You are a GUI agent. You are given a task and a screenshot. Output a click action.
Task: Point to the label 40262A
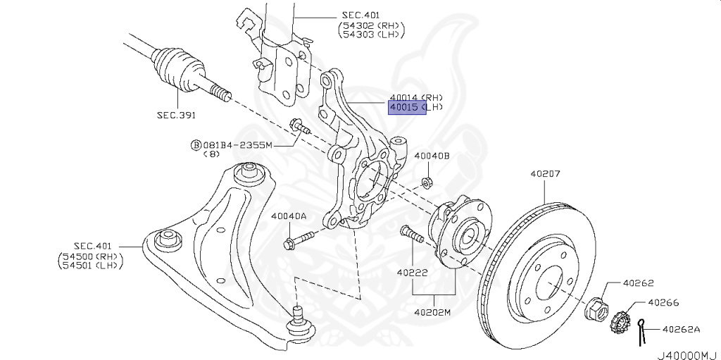point(681,328)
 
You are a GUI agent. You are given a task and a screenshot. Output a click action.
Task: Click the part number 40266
point(663,303)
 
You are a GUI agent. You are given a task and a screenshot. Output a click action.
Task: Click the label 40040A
point(289,217)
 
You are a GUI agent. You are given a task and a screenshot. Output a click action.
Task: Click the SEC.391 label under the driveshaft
point(176,115)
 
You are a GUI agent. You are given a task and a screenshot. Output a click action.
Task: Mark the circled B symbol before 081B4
point(195,144)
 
